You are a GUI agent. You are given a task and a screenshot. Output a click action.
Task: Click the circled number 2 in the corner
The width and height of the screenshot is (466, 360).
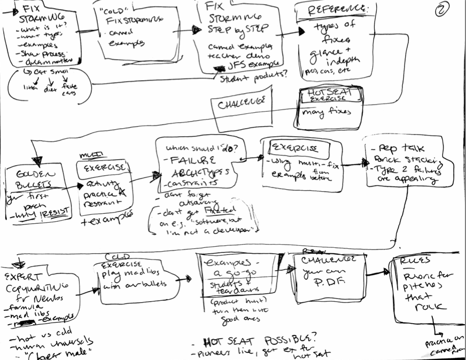tap(443, 9)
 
